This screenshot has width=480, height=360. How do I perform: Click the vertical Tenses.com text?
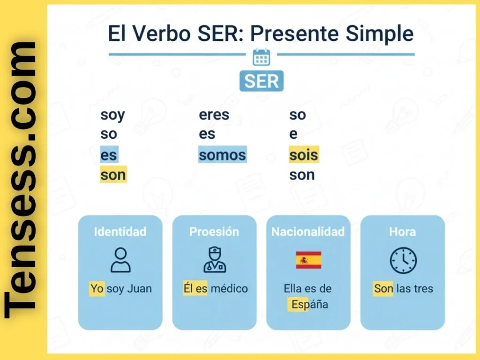tap(21, 180)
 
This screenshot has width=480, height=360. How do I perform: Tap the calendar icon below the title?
tap(261, 57)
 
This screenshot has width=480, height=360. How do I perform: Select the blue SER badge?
tap(261, 81)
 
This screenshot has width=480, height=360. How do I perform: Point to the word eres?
tap(214, 115)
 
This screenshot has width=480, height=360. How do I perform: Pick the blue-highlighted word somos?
tap(222, 155)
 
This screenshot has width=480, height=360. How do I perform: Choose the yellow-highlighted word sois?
tap(304, 155)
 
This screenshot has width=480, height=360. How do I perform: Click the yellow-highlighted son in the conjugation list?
tap(113, 175)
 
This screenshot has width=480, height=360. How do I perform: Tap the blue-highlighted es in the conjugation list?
tap(109, 155)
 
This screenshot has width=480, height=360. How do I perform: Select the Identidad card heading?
tap(120, 232)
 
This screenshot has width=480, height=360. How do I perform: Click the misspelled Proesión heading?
tap(214, 232)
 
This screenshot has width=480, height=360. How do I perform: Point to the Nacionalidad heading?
tap(308, 232)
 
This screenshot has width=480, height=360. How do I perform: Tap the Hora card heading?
tap(402, 232)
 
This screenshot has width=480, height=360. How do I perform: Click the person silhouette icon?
tap(120, 260)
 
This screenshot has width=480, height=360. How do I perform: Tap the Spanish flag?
tap(308, 260)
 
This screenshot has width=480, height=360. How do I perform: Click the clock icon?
tap(403, 261)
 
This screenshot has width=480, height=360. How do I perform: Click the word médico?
tap(229, 289)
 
